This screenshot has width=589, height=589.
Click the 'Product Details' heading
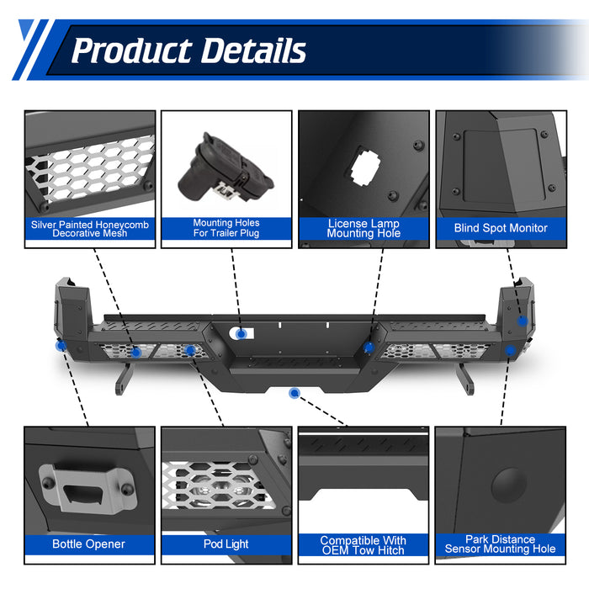(x=188, y=50)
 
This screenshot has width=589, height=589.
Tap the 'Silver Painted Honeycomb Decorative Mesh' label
(x=90, y=229)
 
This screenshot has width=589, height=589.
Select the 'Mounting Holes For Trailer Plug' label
(x=226, y=229)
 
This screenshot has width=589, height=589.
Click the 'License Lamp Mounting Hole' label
(x=363, y=229)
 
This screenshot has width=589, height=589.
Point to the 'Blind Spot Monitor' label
(x=501, y=228)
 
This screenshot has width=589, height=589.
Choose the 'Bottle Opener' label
(x=88, y=544)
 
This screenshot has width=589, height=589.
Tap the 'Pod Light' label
(x=226, y=544)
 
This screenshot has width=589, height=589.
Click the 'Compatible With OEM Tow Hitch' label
(x=363, y=545)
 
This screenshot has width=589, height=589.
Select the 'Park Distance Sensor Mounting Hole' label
(x=501, y=544)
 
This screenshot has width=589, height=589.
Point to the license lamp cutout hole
(x=366, y=167)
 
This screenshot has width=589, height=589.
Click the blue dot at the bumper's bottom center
(x=294, y=393)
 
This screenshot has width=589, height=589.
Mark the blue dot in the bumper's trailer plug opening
(x=241, y=334)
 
